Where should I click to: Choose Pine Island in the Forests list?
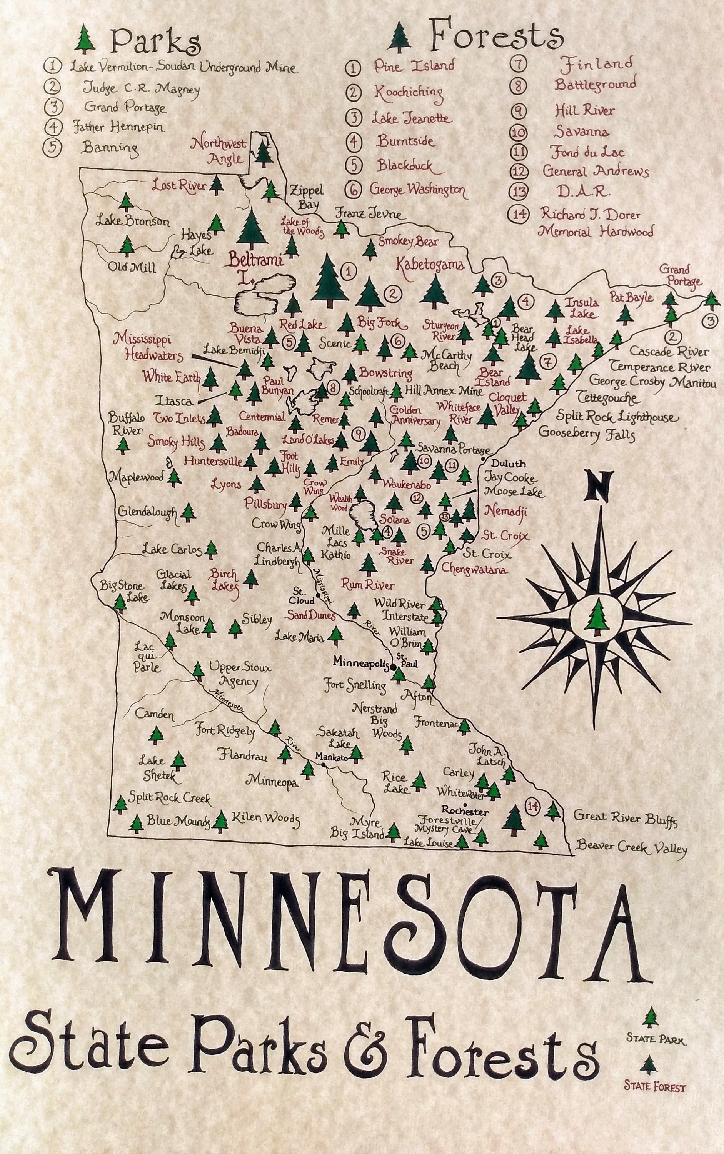pyautogui.click(x=414, y=66)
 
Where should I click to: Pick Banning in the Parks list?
pyautogui.click(x=110, y=147)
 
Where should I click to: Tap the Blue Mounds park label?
pyautogui.click(x=178, y=821)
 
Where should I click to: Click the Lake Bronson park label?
pyautogui.click(x=132, y=221)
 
